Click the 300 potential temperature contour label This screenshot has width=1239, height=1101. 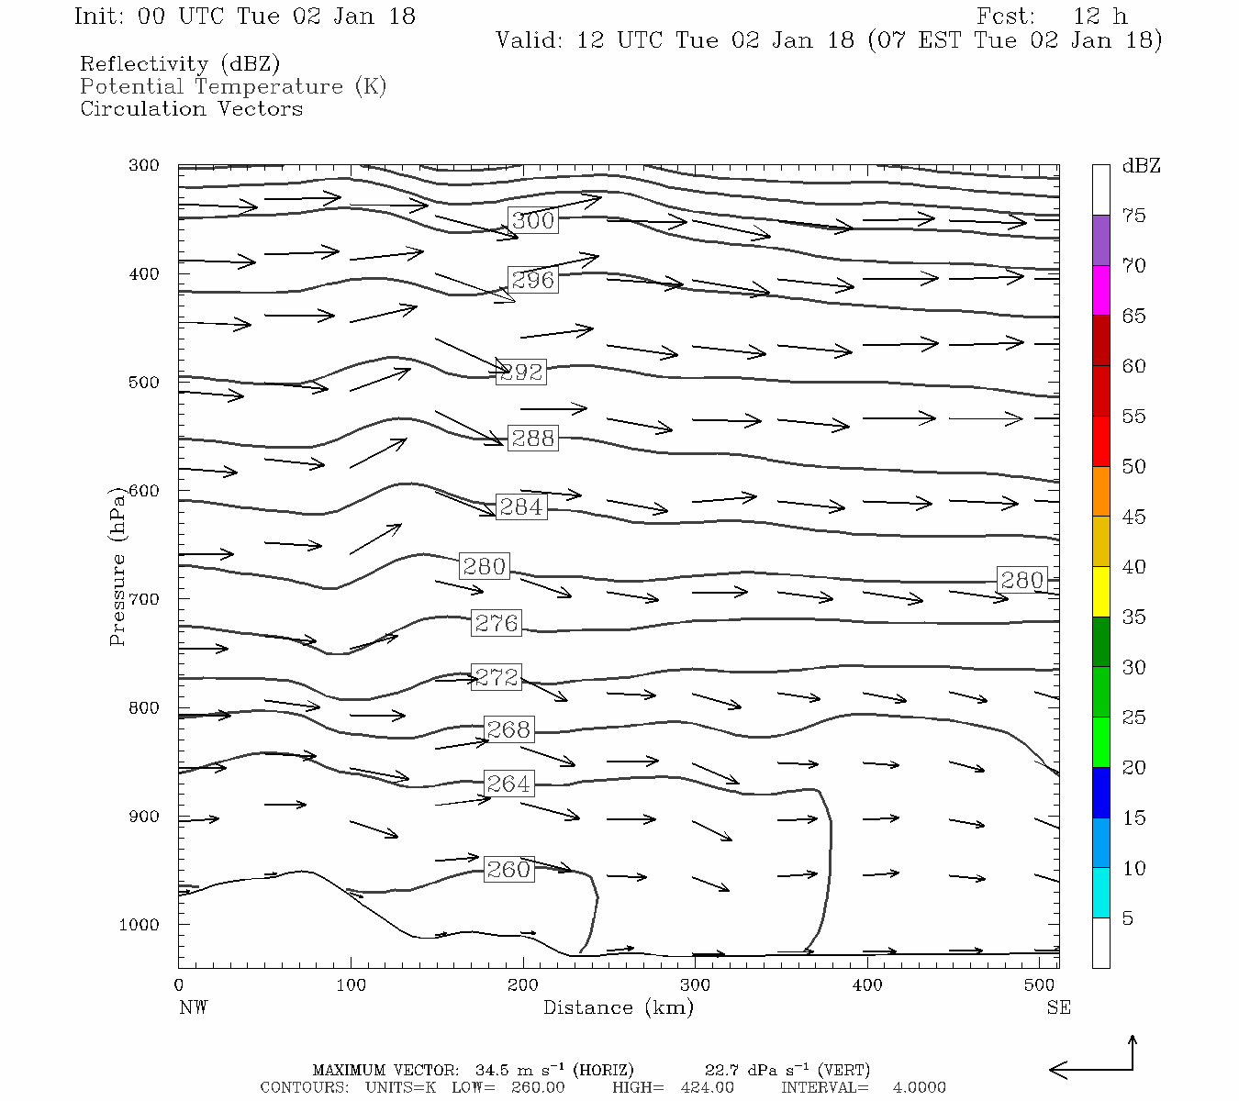(x=533, y=220)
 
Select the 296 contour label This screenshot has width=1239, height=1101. (x=533, y=280)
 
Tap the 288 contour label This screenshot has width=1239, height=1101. (x=533, y=439)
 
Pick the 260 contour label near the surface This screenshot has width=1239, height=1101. (x=508, y=869)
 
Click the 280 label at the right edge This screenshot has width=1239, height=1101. (x=1021, y=580)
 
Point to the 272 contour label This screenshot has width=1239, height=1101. (x=497, y=677)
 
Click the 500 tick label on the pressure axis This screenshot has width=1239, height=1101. (x=144, y=383)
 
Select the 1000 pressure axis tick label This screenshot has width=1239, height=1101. (x=140, y=925)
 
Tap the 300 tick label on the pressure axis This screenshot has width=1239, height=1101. (x=144, y=166)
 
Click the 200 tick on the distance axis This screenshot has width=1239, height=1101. (x=523, y=985)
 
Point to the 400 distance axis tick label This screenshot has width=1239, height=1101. (x=867, y=985)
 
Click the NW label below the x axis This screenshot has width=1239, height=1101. (x=193, y=1007)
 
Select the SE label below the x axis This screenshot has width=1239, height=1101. (x=1058, y=1007)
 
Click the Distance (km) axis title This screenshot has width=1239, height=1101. (x=618, y=1007)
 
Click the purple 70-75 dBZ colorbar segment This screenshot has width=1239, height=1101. (x=1100, y=240)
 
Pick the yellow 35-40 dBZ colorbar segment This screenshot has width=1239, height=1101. (x=1100, y=592)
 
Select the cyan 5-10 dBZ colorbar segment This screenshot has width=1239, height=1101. (x=1100, y=893)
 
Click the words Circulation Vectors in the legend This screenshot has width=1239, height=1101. (x=191, y=108)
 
